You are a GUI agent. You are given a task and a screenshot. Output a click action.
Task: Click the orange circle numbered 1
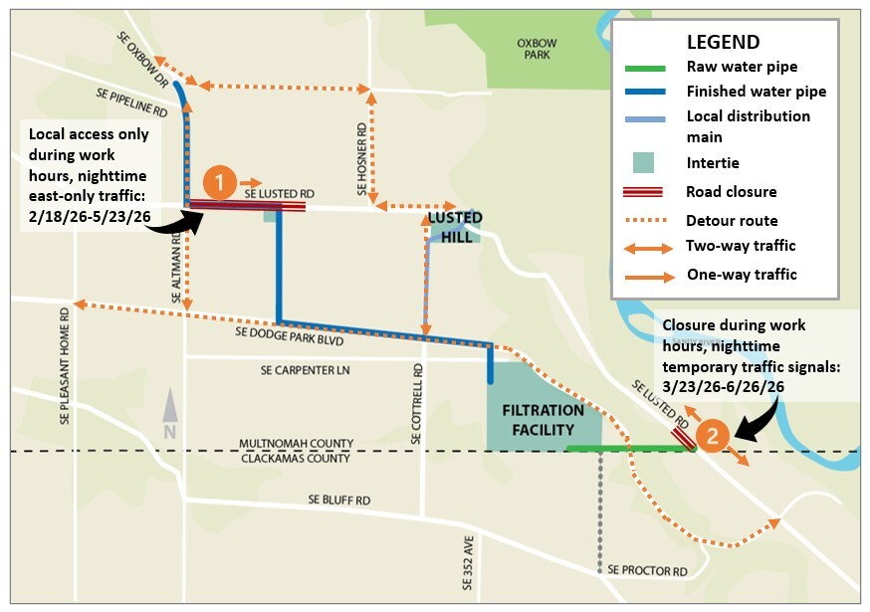pyautogui.click(x=220, y=182)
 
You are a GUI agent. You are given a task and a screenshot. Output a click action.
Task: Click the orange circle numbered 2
pyautogui.click(x=714, y=435)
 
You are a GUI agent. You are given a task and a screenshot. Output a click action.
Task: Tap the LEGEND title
pyautogui.click(x=723, y=43)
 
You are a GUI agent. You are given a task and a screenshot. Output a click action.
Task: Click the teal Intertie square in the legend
pyautogui.click(x=644, y=160)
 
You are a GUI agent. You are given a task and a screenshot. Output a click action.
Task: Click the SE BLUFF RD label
pyautogui.click(x=338, y=500)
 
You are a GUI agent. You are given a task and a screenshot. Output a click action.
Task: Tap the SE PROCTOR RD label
pyautogui.click(x=647, y=571)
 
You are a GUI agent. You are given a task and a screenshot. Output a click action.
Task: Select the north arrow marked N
pyautogui.click(x=170, y=414)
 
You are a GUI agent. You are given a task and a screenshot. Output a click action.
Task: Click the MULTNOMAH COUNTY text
pyautogui.click(x=296, y=444)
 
